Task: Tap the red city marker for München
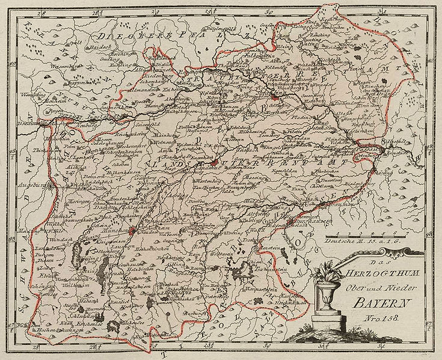point(131,230)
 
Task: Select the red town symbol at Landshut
point(213,162)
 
